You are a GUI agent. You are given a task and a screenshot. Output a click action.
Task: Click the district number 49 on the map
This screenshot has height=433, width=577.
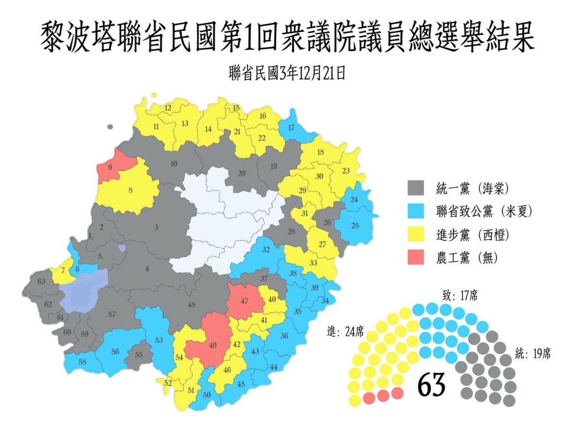point(213,345)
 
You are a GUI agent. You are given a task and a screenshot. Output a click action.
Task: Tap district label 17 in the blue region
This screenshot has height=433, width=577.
point(291,127)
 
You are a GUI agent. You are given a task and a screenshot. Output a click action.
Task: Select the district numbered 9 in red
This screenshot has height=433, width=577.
point(110,167)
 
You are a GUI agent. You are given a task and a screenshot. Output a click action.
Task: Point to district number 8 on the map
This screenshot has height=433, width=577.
point(130,190)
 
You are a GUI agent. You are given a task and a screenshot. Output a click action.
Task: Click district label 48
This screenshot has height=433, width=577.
point(192,305)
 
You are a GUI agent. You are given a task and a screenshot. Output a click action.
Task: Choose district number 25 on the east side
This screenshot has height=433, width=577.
point(355,226)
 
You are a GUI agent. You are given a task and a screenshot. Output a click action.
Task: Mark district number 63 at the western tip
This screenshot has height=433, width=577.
point(41,281)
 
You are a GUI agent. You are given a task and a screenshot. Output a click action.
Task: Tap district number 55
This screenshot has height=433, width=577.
point(139,355)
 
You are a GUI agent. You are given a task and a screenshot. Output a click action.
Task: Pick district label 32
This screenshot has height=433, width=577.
point(266,250)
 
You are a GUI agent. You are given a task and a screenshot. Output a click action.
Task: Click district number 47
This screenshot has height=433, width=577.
point(245,301)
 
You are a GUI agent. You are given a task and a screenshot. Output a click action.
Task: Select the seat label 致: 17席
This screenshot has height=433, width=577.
point(459,294)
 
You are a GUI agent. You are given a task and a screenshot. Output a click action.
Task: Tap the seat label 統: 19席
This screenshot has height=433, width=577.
point(533,354)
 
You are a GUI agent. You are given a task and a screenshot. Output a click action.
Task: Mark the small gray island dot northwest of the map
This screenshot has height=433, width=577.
point(110,127)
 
